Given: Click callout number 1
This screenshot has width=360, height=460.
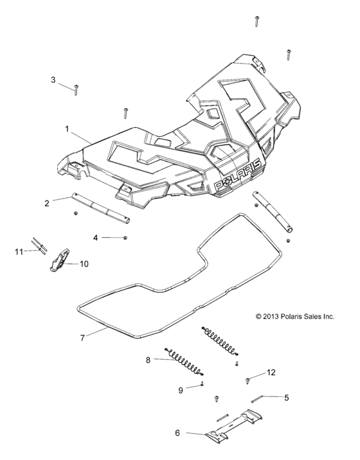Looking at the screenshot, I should [x=67, y=128].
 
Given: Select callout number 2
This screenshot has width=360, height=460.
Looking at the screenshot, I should [x=47, y=204].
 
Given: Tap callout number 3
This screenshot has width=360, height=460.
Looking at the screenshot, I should [x=53, y=80].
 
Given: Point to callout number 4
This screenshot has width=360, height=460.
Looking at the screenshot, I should [x=96, y=238].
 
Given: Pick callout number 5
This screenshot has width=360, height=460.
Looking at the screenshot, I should [x=287, y=397].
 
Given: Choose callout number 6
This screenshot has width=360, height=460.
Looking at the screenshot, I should [x=178, y=432].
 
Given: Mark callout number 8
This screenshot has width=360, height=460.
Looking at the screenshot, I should [x=148, y=360].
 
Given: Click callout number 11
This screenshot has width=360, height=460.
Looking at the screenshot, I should [x=19, y=251].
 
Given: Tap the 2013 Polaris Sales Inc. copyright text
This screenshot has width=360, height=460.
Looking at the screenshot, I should [x=295, y=316].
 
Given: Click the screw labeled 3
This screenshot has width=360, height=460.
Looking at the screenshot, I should [x=75, y=89].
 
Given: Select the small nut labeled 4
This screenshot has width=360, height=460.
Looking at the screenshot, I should [x=125, y=238].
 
